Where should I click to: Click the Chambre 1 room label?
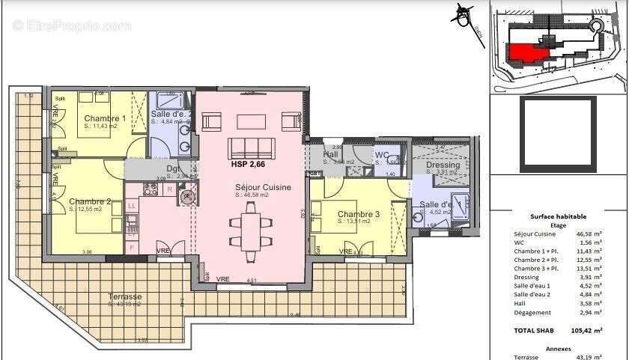[x=104, y=118]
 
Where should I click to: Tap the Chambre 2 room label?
[x=90, y=201]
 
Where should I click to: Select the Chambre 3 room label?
[x=358, y=214]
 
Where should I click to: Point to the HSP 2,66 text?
[x=249, y=164]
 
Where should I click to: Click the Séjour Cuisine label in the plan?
[x=263, y=187]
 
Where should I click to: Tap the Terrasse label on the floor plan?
[x=125, y=296]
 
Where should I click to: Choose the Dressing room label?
[x=443, y=165]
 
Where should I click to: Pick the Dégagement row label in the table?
[x=533, y=312]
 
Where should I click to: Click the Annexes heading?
[x=558, y=348]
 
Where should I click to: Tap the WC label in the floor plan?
[x=382, y=155]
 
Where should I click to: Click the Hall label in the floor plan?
[x=330, y=155]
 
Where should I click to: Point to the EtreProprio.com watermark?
[x=71, y=25]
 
